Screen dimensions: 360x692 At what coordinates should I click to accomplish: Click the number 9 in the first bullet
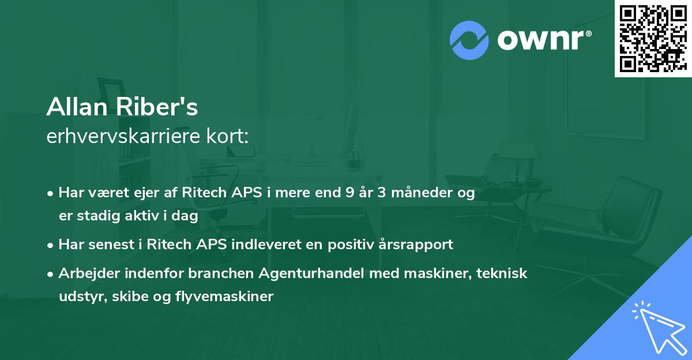349,193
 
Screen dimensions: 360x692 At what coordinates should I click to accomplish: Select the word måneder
417,193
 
